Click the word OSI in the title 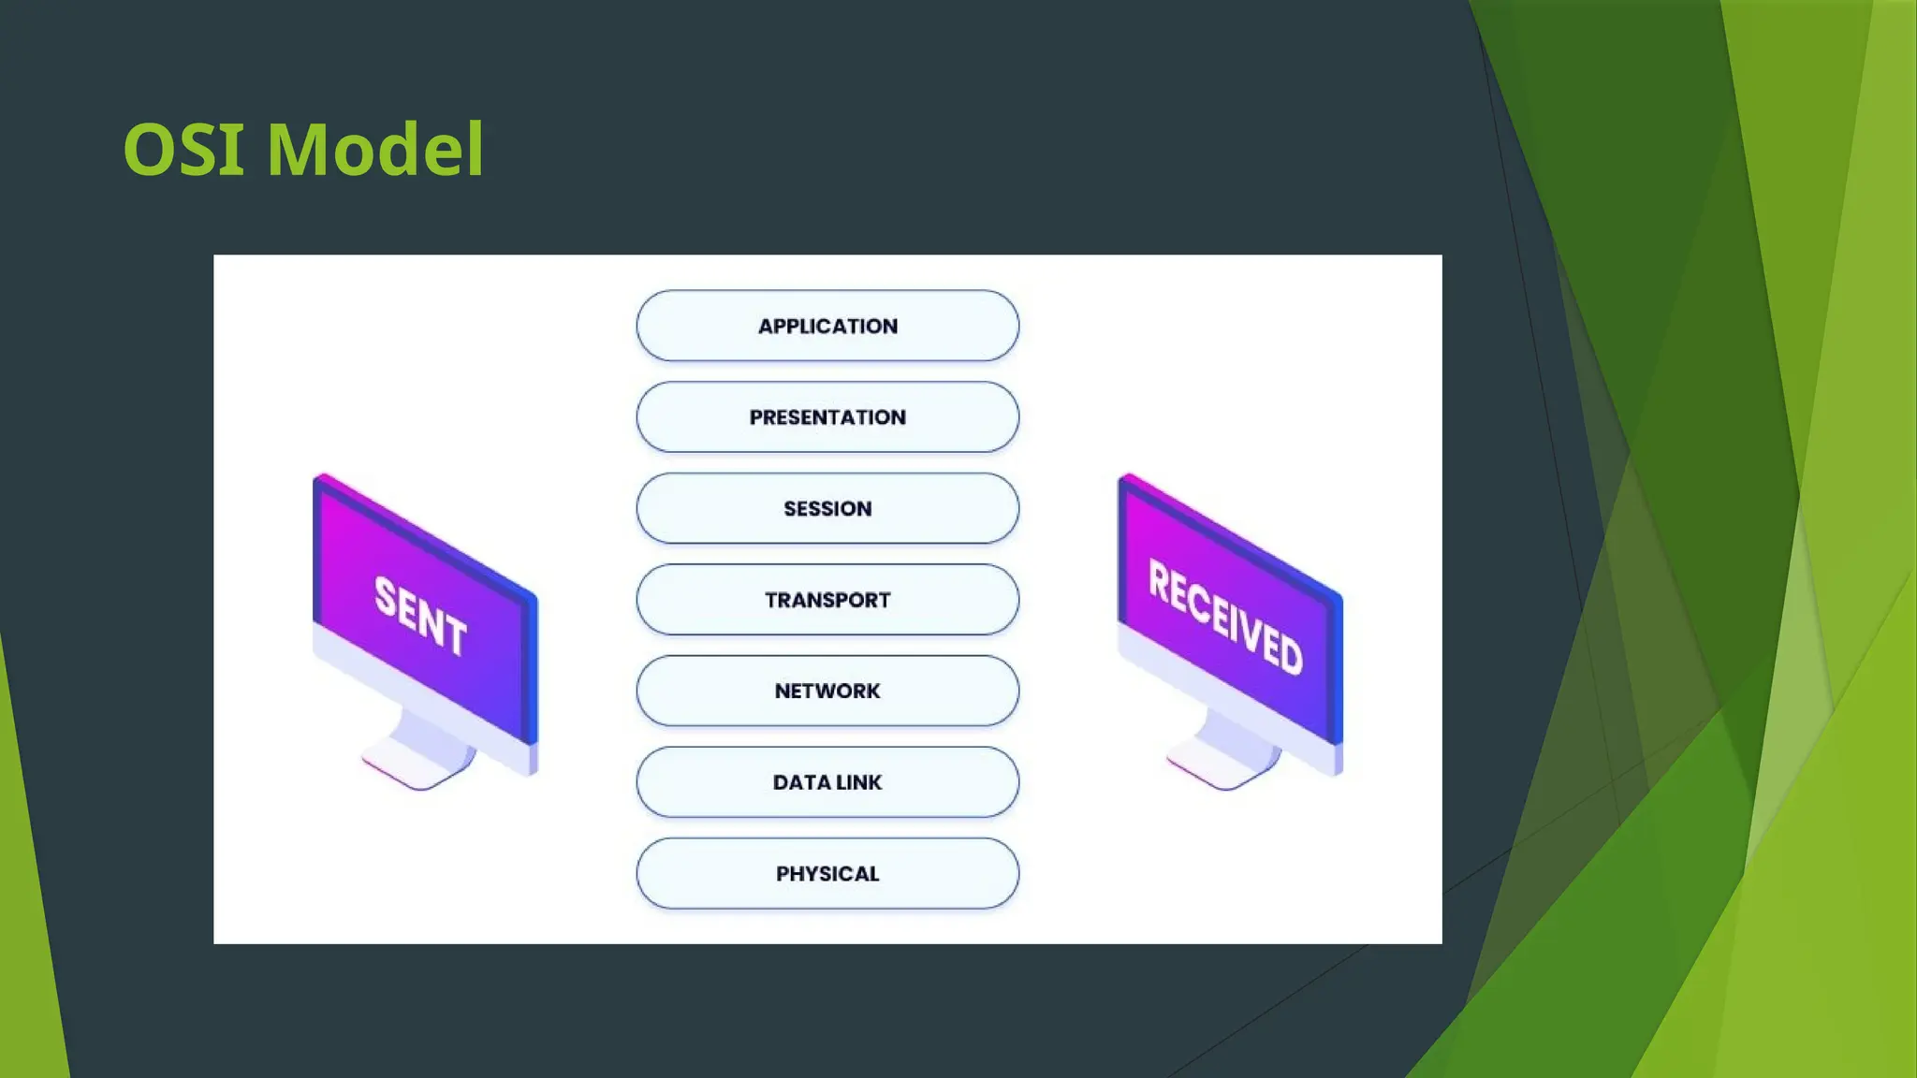pyautogui.click(x=183, y=150)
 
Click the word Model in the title pyautogui.click(x=375, y=150)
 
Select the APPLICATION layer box pyautogui.click(x=827, y=326)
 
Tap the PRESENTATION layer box pyautogui.click(x=827, y=417)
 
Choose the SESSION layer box pyautogui.click(x=827, y=508)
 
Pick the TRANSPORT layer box pyautogui.click(x=827, y=600)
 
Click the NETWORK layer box pyautogui.click(x=827, y=691)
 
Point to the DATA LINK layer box pyautogui.click(x=827, y=782)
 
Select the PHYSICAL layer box pyautogui.click(x=827, y=873)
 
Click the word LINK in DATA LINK pyautogui.click(x=859, y=782)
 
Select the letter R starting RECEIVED pyautogui.click(x=1160, y=583)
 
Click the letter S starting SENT pyautogui.click(x=386, y=597)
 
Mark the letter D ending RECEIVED pyautogui.click(x=1291, y=652)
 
